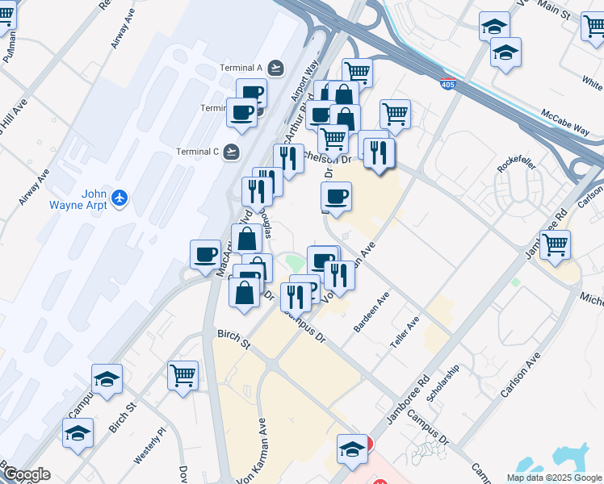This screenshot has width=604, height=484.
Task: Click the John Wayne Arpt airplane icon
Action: pos(120,198)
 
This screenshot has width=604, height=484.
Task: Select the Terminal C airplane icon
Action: pos(233,151)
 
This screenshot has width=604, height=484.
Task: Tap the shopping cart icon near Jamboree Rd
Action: pos(555,244)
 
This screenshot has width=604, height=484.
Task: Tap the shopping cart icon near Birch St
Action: pos(183,374)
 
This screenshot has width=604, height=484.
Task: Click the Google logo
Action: pos(26,474)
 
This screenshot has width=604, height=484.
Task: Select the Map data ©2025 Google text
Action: pos(554,478)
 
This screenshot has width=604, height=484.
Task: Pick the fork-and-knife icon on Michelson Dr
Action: pos(379,152)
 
